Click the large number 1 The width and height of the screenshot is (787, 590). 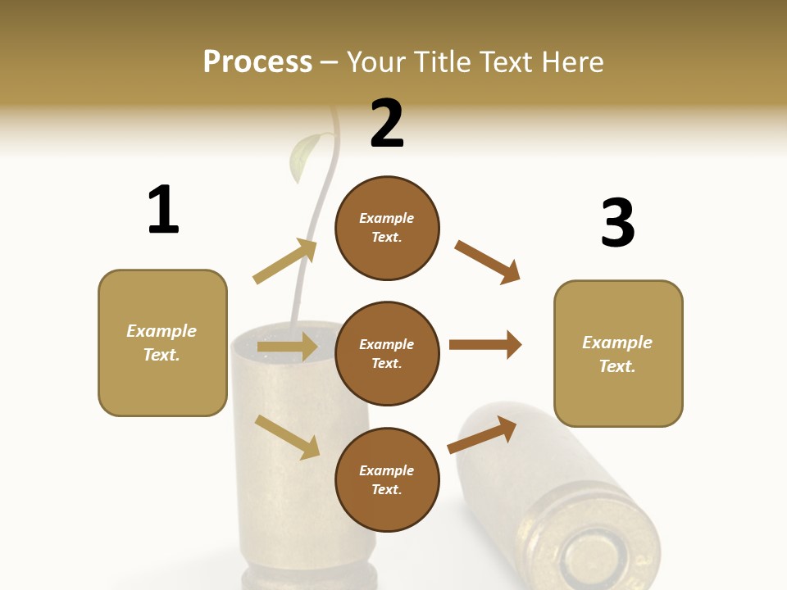coord(163,210)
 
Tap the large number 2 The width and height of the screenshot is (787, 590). coord(387,124)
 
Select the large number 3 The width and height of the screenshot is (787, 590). coord(617,223)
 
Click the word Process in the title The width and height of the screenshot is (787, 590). coord(257,61)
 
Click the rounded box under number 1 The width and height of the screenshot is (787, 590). coord(162,343)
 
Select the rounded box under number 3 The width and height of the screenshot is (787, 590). coord(618,353)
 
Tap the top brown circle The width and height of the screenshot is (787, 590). coord(387,228)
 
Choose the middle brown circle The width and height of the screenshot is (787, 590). coord(387,353)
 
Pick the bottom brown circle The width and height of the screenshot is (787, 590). coord(387,479)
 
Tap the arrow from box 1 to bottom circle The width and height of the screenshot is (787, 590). coord(287,437)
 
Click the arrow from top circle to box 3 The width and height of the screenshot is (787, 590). coord(487,262)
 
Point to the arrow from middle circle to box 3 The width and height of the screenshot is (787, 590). coord(484,344)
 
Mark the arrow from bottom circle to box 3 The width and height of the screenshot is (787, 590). coord(482,434)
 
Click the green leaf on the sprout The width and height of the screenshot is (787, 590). coord(305,158)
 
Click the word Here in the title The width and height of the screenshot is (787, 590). coord(571,61)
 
